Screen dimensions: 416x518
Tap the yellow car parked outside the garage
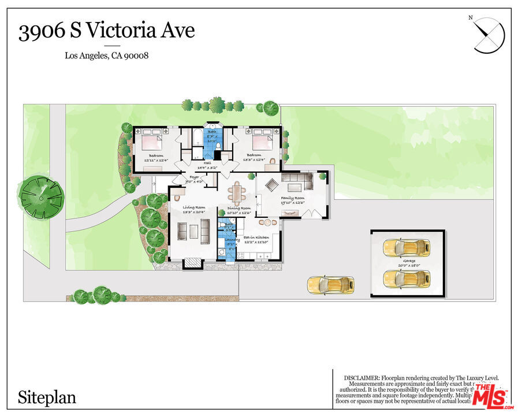[x=330, y=284]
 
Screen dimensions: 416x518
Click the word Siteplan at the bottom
[x=47, y=398]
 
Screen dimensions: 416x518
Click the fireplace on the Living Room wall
[x=193, y=263]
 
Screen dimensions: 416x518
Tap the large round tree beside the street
[x=40, y=198]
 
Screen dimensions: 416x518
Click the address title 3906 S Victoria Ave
[x=106, y=31]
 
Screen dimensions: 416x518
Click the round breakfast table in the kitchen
[x=266, y=222]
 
